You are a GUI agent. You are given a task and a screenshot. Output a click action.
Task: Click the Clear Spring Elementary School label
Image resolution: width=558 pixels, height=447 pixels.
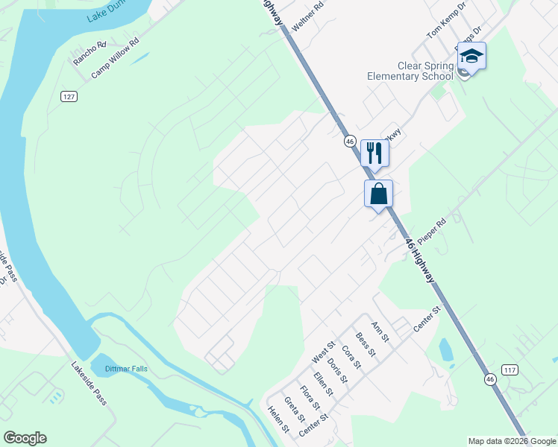pyautogui.click(x=410, y=71)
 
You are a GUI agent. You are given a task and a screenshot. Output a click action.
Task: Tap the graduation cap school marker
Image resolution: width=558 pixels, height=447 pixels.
pyautogui.click(x=471, y=57)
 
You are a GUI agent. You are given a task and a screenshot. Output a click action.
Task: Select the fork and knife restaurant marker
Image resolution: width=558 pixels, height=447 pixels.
pyautogui.click(x=374, y=153)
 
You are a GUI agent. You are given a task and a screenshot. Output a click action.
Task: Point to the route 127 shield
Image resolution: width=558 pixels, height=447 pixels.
pyautogui.click(x=69, y=97)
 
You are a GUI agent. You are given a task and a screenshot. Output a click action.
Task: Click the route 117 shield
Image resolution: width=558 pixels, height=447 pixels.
pyautogui.click(x=510, y=370)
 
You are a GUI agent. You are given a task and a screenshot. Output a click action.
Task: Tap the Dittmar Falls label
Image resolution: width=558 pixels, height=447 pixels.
pyautogui.click(x=124, y=368)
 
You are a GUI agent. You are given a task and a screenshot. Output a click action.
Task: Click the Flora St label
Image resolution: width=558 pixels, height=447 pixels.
pyautogui.click(x=310, y=396)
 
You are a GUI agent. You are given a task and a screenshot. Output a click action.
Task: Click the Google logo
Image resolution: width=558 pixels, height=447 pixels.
pyautogui.click(x=25, y=438)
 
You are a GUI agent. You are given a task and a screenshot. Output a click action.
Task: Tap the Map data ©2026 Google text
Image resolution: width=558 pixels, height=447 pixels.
pyautogui.click(x=512, y=441)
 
